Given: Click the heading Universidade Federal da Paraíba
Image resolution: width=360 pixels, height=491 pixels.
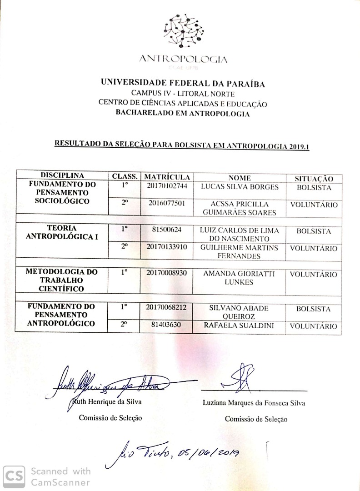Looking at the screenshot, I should pos(183,83).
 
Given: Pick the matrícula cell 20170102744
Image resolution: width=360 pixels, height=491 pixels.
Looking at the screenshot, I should pos(167,186).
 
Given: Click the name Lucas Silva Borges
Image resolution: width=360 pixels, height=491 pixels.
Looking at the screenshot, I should pos(239,187).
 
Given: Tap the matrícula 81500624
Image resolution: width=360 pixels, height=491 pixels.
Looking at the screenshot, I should pos(167,230).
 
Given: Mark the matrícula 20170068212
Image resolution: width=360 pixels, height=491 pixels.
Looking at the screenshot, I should pos(167,308).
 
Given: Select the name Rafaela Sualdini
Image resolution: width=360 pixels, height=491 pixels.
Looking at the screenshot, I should pos(239,326).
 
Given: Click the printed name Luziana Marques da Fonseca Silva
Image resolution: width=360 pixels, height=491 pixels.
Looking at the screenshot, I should pos(254,403).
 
